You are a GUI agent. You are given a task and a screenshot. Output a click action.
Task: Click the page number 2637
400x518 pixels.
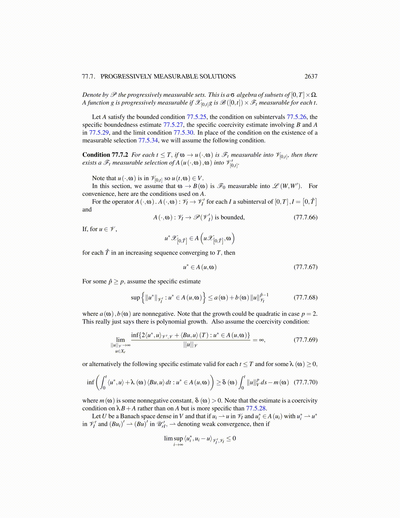[311, 77]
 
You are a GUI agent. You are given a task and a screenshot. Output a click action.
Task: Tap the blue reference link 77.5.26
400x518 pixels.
[296, 117]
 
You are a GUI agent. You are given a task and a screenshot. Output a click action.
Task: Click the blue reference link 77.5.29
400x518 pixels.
[99, 133]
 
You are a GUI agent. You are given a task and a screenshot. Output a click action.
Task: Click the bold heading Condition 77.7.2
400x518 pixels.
[105, 155]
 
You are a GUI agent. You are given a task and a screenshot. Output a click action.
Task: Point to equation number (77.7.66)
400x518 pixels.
[306, 217]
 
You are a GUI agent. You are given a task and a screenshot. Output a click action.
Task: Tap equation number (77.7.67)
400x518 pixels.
[306, 267]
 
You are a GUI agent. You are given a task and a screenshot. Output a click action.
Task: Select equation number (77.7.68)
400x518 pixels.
[306, 298]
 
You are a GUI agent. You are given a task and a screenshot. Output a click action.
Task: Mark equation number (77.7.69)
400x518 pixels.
[306, 340]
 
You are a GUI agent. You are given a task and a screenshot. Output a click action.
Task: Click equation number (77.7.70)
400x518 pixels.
[306, 382]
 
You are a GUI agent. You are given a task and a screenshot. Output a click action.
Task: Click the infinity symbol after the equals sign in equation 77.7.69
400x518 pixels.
[261, 340]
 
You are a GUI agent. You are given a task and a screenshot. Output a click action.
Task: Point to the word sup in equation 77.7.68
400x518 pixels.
[135, 298]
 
